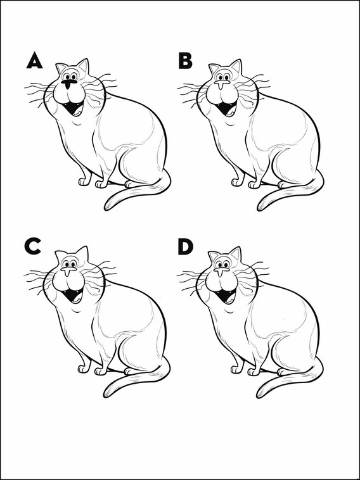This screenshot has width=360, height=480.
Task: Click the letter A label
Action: coord(34,60)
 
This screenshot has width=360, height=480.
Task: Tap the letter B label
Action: coord(185,60)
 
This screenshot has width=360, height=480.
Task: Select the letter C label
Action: coord(32,247)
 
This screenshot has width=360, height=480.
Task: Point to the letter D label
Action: coord(185,247)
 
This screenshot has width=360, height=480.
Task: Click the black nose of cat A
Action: coord(68,84)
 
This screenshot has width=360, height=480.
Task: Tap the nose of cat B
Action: coord(222,84)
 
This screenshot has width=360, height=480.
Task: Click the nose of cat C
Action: coord(68,270)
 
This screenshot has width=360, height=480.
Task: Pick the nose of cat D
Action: coord(221,271)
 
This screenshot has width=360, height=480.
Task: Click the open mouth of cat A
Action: coord(74,108)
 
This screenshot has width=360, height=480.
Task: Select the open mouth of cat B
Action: coord(226,108)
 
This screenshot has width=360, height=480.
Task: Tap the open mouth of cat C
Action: coord(73,295)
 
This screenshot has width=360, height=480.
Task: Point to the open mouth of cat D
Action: coord(226,295)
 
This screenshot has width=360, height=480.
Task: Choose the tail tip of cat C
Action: coord(106,395)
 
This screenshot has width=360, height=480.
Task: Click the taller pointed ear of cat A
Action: coord(83,66)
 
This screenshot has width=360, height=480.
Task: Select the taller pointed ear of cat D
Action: coord(236,253)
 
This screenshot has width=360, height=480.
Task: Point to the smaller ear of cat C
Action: coord(61,255)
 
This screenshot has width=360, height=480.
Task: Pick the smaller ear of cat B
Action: coord(214,68)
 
